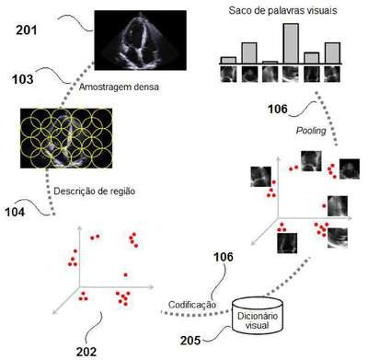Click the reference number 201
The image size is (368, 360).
click(27, 30)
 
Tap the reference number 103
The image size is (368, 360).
click(22, 79)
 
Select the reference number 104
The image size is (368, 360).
click(15, 212)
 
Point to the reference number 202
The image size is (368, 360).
click(86, 352)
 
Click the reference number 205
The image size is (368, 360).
click(190, 341)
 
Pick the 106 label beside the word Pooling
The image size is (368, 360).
click(278, 109)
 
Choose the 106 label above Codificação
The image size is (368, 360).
click(223, 257)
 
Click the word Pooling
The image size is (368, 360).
click(311, 131)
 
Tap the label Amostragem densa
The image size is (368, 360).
click(119, 87)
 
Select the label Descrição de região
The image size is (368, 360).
click(95, 192)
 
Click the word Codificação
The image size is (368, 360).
click(192, 305)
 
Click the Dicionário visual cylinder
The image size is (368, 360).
click(258, 316)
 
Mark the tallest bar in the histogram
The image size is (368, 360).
click(291, 43)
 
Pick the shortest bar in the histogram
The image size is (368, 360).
click(270, 63)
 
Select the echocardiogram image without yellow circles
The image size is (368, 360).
click(140, 41)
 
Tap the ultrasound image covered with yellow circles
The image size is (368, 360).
click(66, 138)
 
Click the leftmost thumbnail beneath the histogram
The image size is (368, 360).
click(228, 75)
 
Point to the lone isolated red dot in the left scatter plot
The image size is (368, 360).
click(125, 274)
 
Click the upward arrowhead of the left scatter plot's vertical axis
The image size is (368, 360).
click(80, 228)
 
